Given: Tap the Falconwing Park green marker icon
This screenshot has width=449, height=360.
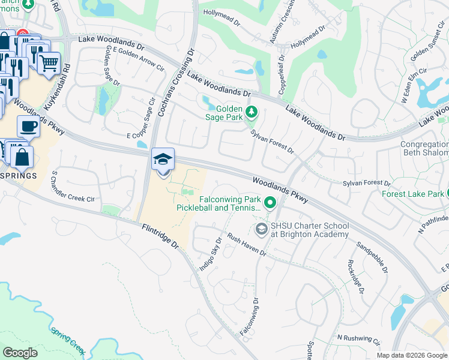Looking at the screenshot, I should coord(270,204).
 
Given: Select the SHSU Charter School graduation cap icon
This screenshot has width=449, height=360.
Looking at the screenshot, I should coord(261,229).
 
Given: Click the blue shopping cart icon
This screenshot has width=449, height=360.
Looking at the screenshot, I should coord(49,62).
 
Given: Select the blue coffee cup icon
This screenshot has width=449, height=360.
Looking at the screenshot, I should coord(28,127).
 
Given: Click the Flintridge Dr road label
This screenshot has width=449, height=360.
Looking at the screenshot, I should coord(160,236).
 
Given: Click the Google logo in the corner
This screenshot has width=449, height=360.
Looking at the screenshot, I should coord(20,353).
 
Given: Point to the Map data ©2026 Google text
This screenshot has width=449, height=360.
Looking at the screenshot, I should coord(411,355).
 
